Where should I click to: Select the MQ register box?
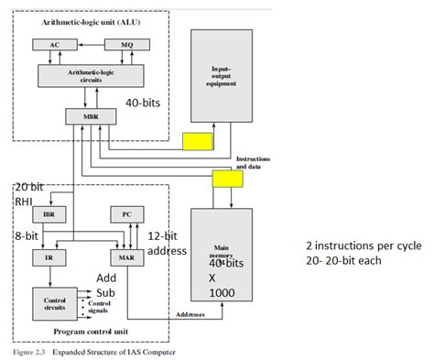click(116, 44)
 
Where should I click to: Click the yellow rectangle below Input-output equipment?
click(197, 141)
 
